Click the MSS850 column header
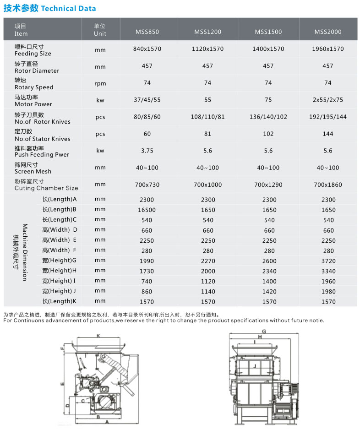pos(147,32)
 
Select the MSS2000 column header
pos(328,32)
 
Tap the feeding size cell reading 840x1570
pos(147,49)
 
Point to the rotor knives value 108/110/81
pos(207,117)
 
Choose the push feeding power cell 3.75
pos(147,151)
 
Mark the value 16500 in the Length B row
pos(147,210)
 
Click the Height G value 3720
pos(328,261)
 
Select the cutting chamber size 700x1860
pos(328,185)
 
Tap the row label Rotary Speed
pos(34,87)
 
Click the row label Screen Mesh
pos(33,171)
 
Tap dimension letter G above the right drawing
pos(264,331)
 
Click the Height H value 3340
pos(328,271)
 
